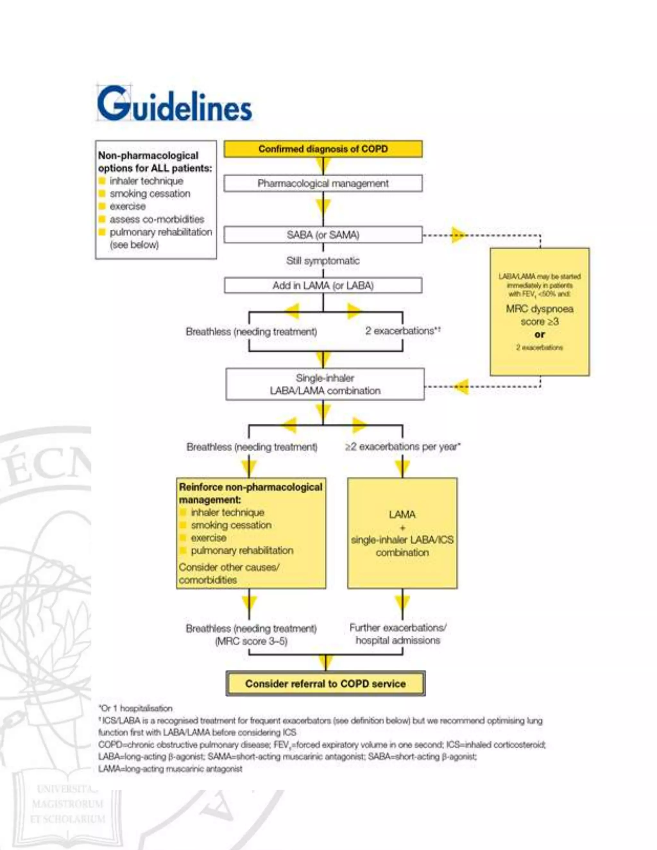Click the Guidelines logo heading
click(175, 104)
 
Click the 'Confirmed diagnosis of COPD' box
click(323, 149)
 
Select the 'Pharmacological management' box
click(323, 183)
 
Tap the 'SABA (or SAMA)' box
click(323, 235)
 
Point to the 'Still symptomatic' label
click(323, 260)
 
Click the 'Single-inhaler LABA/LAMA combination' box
click(325, 384)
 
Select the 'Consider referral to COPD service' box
click(325, 684)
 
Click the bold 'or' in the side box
click(540, 334)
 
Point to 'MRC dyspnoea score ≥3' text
click(540, 315)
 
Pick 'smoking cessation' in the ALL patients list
click(150, 193)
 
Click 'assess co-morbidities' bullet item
click(157, 219)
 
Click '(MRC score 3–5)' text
click(252, 641)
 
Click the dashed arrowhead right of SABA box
click(458, 235)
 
